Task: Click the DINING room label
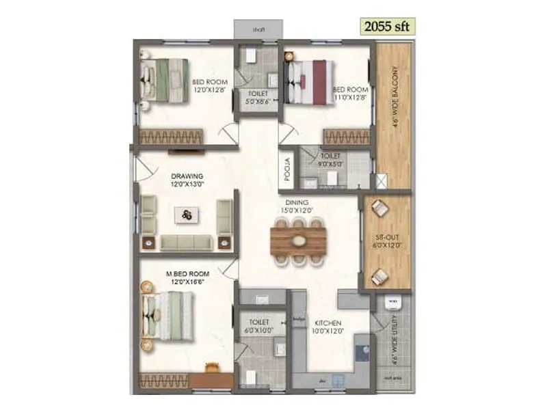297,203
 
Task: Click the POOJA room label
288,168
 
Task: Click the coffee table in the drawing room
187,215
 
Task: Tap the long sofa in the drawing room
187,242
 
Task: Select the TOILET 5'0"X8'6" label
258,98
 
